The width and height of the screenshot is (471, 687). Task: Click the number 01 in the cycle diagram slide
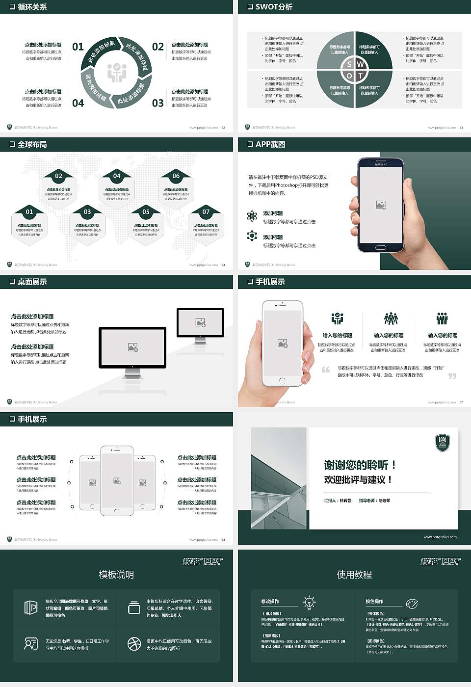pos(78,47)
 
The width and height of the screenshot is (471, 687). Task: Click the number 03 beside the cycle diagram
pos(158,103)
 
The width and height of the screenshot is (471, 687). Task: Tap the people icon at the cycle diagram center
pos(117,73)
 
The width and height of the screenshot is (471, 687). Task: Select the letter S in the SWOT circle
pos(349,64)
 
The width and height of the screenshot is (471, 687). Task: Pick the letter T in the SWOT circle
pos(361,76)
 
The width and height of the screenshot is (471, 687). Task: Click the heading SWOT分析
pos(274,7)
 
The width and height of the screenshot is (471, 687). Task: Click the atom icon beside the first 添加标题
pos(252,216)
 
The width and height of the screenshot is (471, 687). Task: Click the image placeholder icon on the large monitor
pos(132,347)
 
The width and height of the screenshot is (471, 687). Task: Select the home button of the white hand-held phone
pos(282,380)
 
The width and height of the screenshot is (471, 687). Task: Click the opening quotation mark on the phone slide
pos(326,370)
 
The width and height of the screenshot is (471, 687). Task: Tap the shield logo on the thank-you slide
pos(443,442)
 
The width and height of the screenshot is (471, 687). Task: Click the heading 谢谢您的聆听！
pos(360,465)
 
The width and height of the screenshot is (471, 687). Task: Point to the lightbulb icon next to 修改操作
pos(309,602)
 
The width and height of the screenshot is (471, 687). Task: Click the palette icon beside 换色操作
pos(412,603)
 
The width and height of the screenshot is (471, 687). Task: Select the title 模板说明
pos(116,575)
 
